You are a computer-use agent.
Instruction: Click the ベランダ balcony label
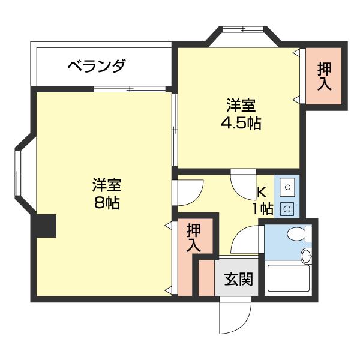tap(96, 65)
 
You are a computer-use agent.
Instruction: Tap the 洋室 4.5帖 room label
tap(241, 115)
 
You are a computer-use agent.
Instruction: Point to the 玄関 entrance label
tap(238, 279)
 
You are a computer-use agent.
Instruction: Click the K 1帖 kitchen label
tap(263, 200)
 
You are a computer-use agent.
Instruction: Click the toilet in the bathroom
tap(298, 234)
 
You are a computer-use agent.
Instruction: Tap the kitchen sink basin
tap(287, 188)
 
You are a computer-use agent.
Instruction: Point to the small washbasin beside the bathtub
tap(308, 256)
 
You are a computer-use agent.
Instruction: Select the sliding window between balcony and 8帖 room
tap(130, 89)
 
